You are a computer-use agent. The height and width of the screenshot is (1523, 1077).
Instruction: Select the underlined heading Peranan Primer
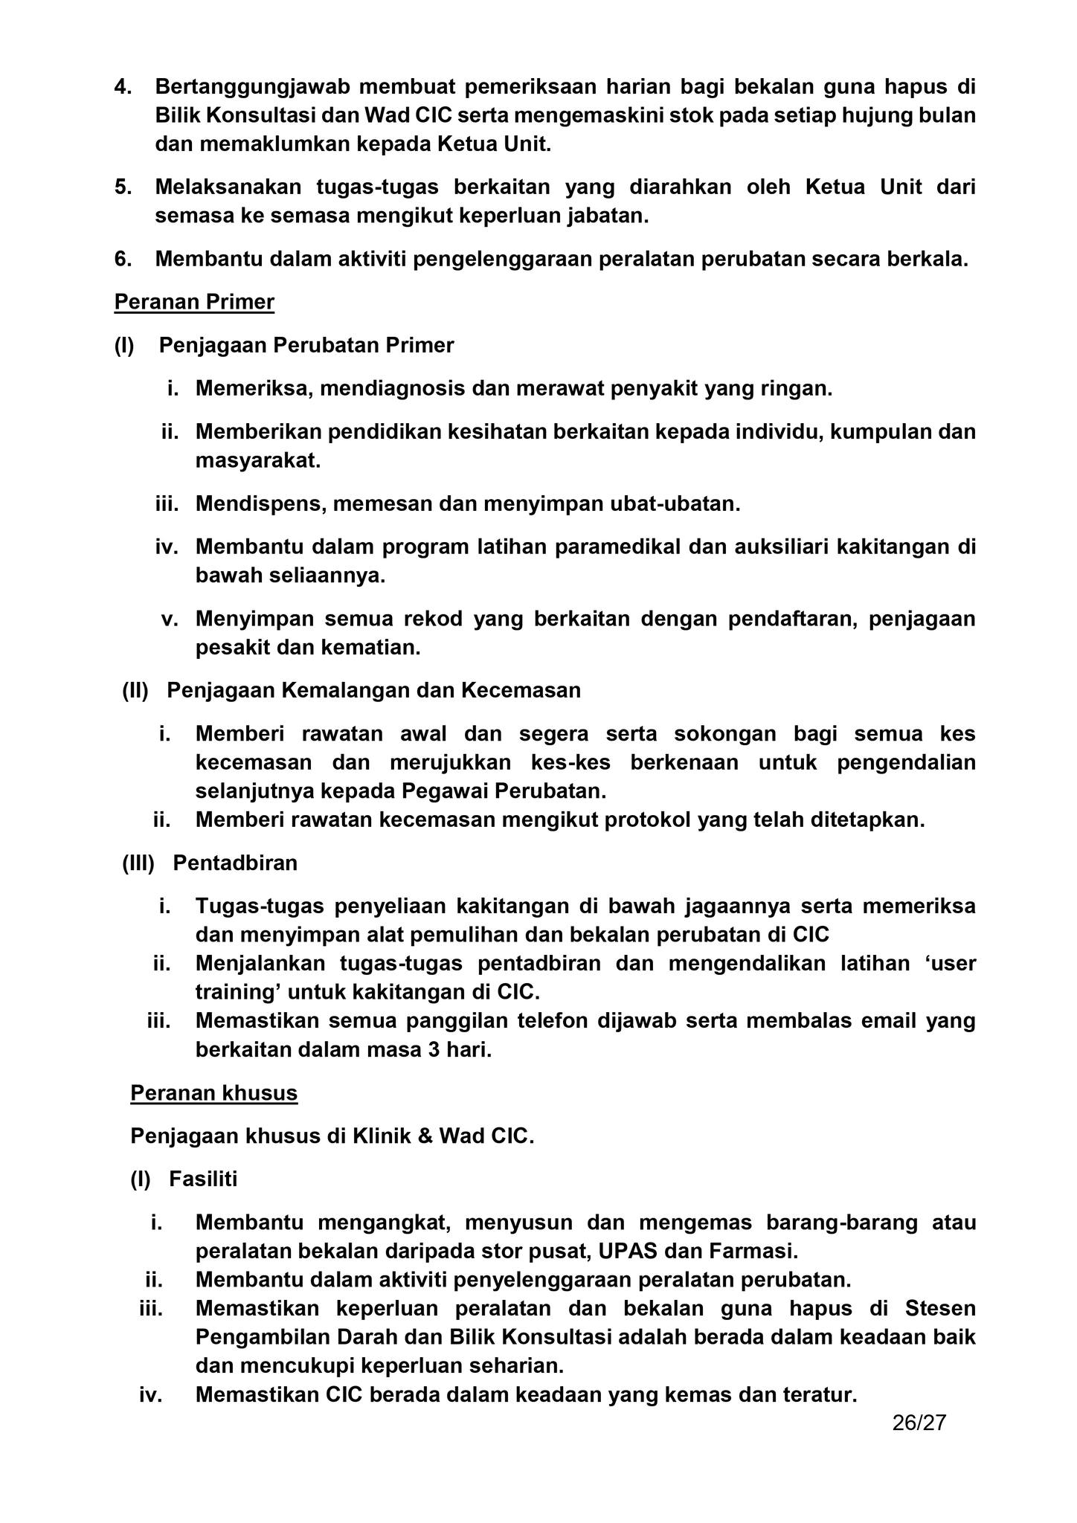click(x=194, y=302)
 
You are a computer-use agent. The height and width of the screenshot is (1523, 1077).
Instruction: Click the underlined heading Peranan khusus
click(x=213, y=1093)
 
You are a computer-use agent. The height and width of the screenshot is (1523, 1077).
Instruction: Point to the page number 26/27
click(x=919, y=1423)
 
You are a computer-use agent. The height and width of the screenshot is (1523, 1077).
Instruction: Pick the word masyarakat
click(x=257, y=460)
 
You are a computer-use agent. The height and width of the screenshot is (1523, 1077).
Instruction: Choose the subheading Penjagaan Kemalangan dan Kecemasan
click(x=373, y=691)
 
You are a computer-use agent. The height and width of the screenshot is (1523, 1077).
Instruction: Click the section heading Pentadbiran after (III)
click(x=235, y=863)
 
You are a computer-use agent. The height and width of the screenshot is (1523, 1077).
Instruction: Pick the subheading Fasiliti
click(x=203, y=1179)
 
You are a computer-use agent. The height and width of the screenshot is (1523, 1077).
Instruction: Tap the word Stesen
click(x=940, y=1308)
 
